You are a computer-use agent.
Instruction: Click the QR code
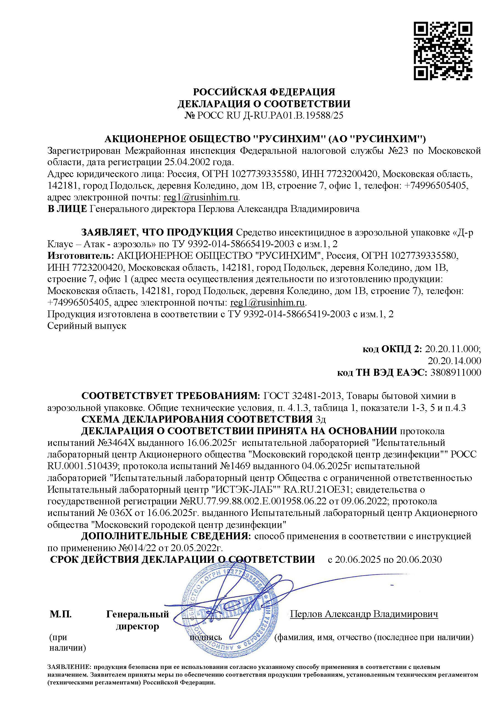(x=443, y=51)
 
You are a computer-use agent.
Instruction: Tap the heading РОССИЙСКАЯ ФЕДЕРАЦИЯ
(x=264, y=92)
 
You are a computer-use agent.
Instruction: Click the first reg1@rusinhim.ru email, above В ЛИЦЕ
(x=200, y=197)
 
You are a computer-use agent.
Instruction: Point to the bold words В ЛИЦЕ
(x=67, y=209)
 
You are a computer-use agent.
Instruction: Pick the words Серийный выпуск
(x=87, y=326)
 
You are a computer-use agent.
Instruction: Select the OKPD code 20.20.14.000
(x=454, y=361)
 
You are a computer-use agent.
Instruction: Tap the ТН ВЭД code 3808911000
(x=455, y=372)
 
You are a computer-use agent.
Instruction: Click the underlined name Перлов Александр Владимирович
(x=364, y=614)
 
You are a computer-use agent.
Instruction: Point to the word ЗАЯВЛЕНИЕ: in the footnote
(x=69, y=667)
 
